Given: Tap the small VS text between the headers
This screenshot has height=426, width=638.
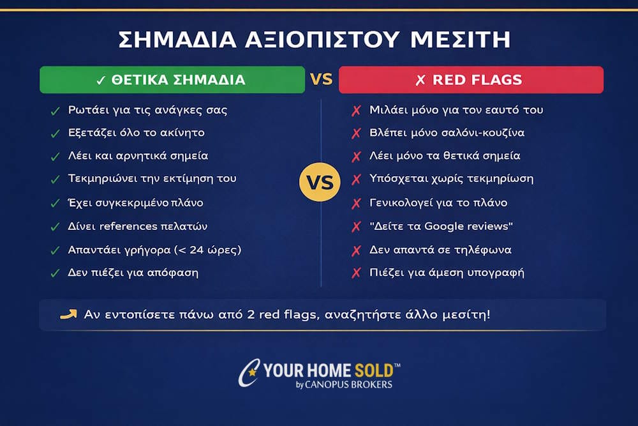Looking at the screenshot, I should pyautogui.click(x=322, y=80).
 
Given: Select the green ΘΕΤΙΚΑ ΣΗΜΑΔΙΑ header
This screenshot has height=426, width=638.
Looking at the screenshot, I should pyautogui.click(x=172, y=80).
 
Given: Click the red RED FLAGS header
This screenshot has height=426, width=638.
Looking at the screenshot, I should pyautogui.click(x=471, y=80).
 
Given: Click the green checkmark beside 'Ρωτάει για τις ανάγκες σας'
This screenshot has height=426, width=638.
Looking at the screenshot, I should pyautogui.click(x=55, y=110).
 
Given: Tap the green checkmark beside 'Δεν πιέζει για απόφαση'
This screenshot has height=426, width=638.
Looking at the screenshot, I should pyautogui.click(x=55, y=273).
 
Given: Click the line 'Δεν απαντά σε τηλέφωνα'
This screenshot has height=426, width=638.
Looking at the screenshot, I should pyautogui.click(x=440, y=249).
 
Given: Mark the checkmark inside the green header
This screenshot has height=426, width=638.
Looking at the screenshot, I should pyautogui.click(x=100, y=80).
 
